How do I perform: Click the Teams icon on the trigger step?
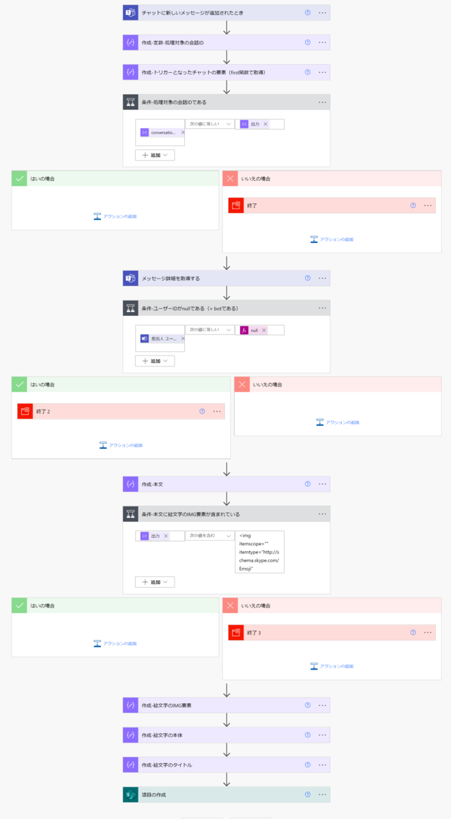coord(130,13)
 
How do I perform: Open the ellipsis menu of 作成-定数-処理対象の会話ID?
coord(323,42)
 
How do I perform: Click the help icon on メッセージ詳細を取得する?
coord(308,278)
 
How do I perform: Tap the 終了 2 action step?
coord(44,412)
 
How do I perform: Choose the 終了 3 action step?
coord(254,633)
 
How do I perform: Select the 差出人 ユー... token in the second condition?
coord(160,339)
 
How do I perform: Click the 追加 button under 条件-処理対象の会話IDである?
coord(155,155)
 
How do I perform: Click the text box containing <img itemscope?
coord(259,551)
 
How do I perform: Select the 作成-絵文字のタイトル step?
coord(166,765)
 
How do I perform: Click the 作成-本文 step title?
coord(152,484)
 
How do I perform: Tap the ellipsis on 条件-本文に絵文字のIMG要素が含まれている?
coord(323,513)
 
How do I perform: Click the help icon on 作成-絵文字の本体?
coord(308,735)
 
